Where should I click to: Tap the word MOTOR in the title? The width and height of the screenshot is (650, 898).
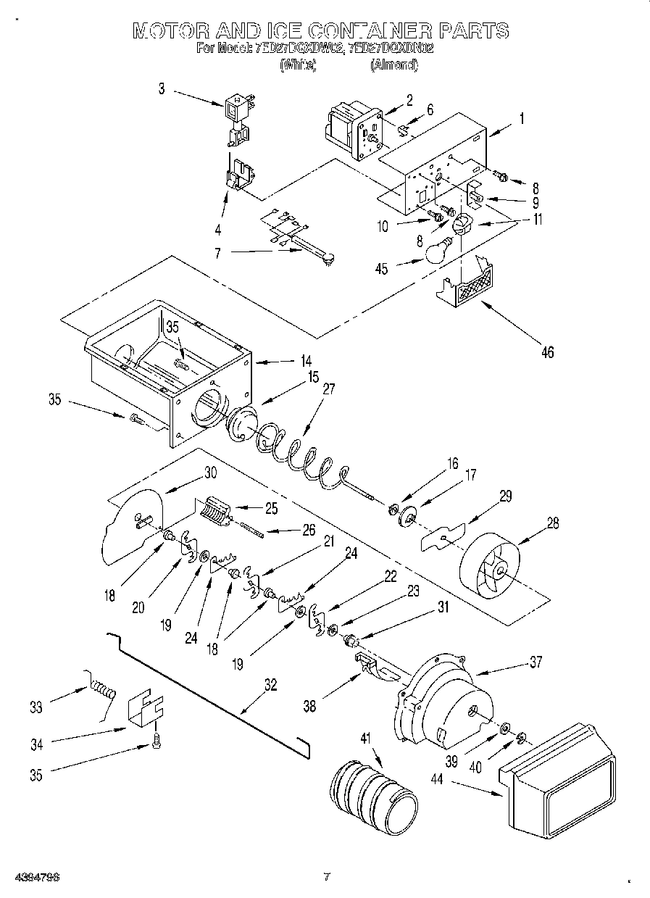[171, 30]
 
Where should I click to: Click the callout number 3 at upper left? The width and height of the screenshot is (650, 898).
[162, 89]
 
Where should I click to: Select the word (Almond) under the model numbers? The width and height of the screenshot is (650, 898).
[393, 65]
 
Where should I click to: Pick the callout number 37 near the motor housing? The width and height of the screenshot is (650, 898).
[535, 662]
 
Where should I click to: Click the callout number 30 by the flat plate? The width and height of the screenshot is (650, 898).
[210, 471]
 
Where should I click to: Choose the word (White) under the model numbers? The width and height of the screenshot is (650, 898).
[298, 65]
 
